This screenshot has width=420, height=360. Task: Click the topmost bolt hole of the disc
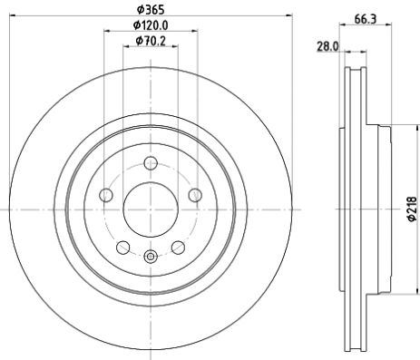151,162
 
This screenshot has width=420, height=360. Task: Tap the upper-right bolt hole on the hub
195,194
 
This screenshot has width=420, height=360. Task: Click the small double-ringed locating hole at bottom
151,256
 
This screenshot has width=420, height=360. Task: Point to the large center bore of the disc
151,209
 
